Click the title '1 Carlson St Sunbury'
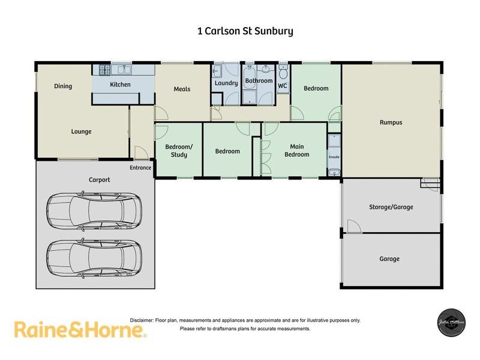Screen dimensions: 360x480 coord(245,31)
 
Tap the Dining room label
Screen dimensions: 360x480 coord(63,86)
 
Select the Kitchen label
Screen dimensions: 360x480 coord(120,85)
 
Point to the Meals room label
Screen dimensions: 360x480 coord(182,89)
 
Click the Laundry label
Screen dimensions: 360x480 coord(226,83)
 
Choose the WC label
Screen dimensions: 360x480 coord(283,86)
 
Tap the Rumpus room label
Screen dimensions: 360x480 coord(391,122)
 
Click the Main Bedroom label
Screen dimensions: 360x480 coord(296,151)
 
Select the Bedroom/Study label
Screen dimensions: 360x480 coord(179,151)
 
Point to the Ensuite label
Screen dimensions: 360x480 coord(334,157)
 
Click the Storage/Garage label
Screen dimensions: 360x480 coord(391,207)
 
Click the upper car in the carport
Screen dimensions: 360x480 coord(94,211)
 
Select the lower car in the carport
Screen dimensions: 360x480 coord(94,258)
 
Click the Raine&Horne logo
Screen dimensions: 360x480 coord(80,329)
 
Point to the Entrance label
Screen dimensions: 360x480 coord(140,168)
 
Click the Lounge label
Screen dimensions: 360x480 coord(81,132)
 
